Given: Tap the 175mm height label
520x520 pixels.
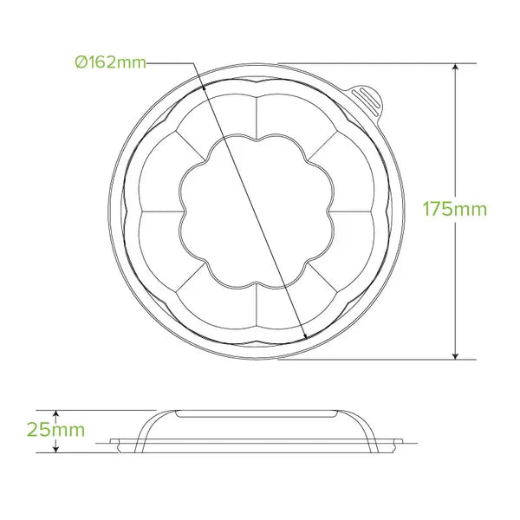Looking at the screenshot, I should tap(454, 209).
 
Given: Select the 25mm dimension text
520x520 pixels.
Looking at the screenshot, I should tap(56, 430).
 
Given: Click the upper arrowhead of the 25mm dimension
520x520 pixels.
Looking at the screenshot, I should tap(58, 413).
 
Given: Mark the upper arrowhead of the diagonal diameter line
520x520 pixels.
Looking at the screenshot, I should tap(202, 84).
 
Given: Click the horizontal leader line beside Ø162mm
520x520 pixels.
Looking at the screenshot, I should tap(170, 62).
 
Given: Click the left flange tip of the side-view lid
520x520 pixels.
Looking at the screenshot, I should tap(113, 445).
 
